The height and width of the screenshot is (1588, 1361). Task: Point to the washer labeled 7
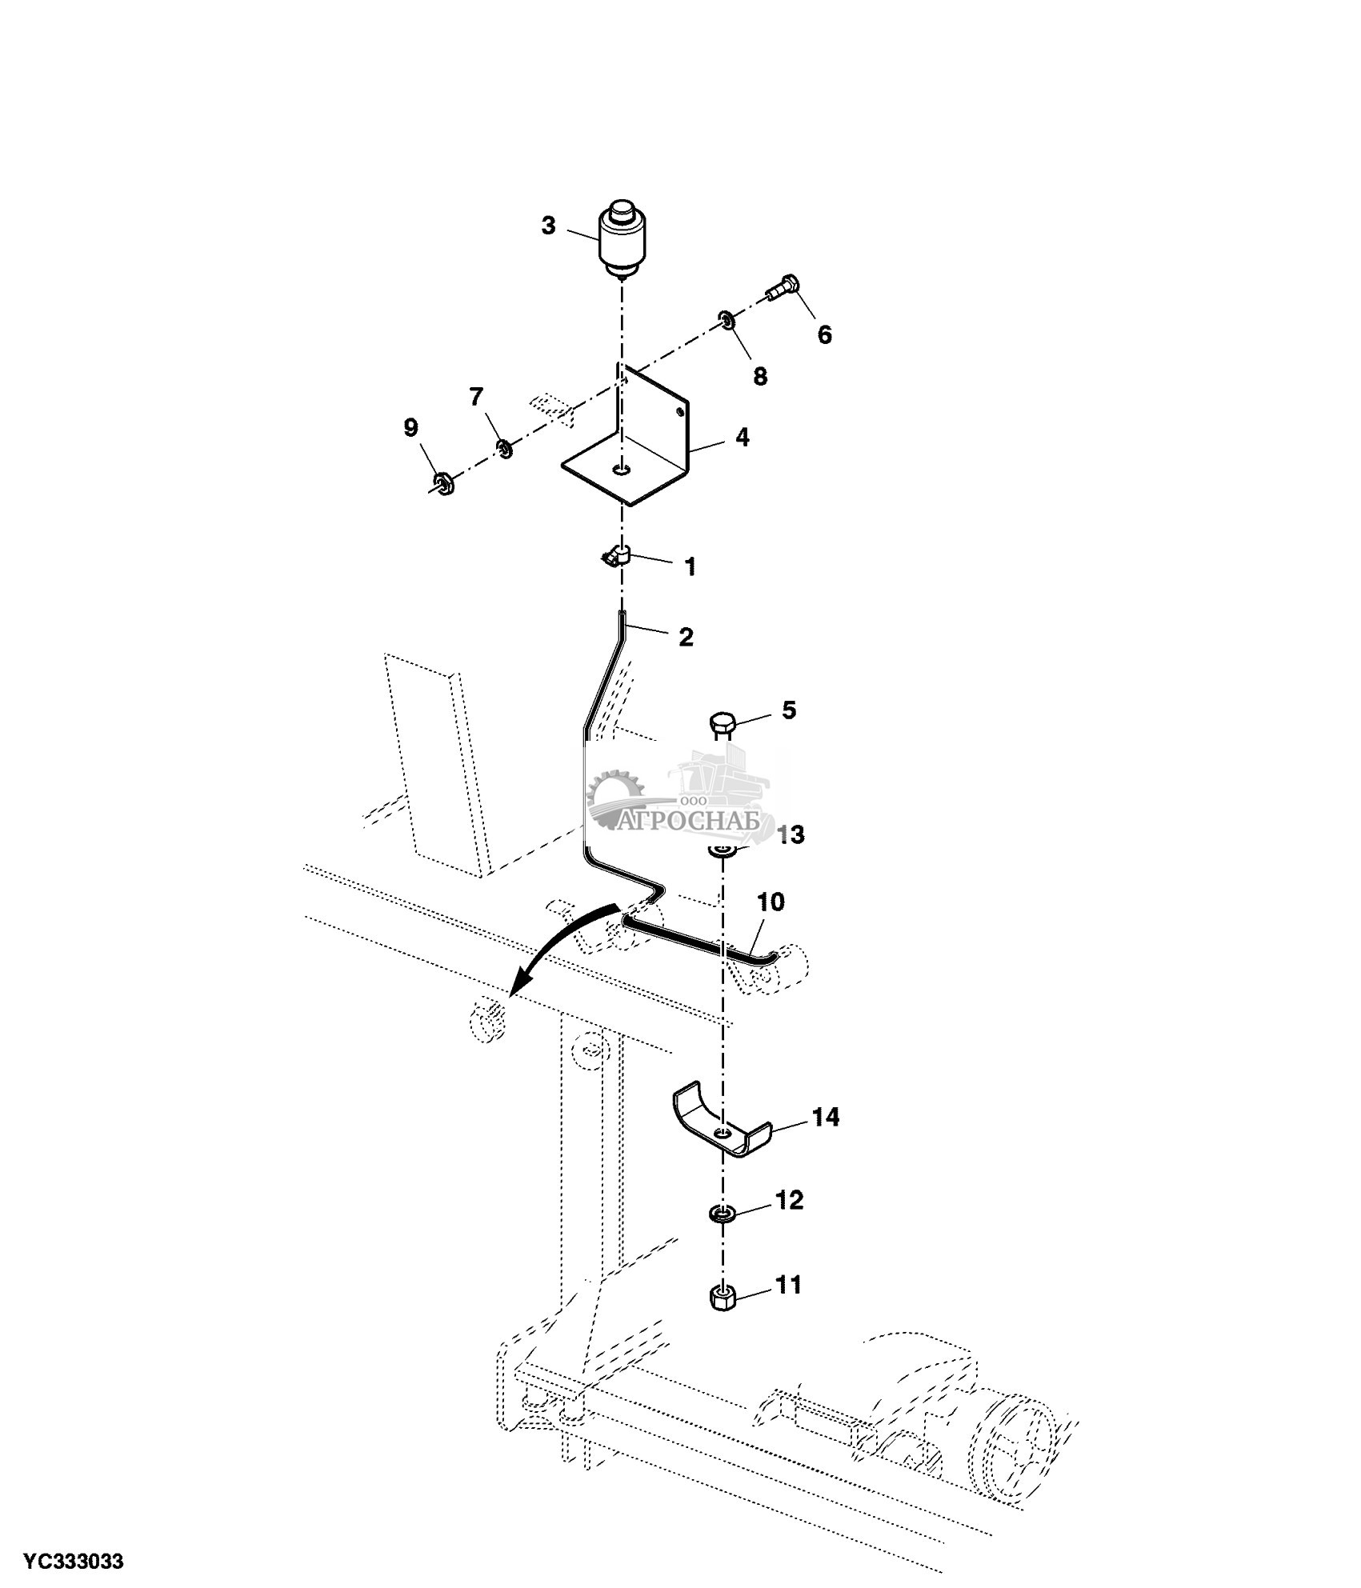[x=505, y=449]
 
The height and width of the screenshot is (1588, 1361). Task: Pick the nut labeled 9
[x=442, y=482]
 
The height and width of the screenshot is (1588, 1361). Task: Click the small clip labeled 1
[x=617, y=554]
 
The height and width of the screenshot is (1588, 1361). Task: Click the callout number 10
[x=771, y=902]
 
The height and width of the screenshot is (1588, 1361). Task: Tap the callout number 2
[x=686, y=637]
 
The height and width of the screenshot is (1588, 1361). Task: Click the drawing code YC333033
[x=73, y=1561]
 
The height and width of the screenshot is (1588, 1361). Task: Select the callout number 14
[x=826, y=1117]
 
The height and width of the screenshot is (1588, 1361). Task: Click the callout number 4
[x=743, y=438]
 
